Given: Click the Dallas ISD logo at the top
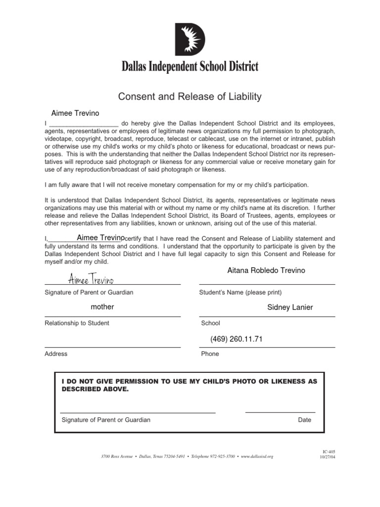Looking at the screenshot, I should click(190, 40).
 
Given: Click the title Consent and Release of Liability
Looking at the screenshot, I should click(190, 96).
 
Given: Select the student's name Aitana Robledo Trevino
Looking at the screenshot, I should click(266, 270).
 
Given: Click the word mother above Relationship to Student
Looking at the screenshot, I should click(102, 307).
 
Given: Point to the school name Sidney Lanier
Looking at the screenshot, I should click(290, 307).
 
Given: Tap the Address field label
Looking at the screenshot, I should click(56, 354).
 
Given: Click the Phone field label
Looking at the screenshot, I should click(210, 354).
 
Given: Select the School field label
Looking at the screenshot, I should click(210, 323).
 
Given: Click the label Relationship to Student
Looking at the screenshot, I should click(77, 323).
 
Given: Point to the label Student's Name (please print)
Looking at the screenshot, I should click(240, 293).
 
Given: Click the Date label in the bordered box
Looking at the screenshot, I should click(304, 420).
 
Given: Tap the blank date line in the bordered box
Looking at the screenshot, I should click(280, 411).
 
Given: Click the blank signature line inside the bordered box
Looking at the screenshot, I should click(138, 412).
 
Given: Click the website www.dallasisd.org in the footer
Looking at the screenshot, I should click(257, 456).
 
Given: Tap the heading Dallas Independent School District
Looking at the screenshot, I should click(190, 67).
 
